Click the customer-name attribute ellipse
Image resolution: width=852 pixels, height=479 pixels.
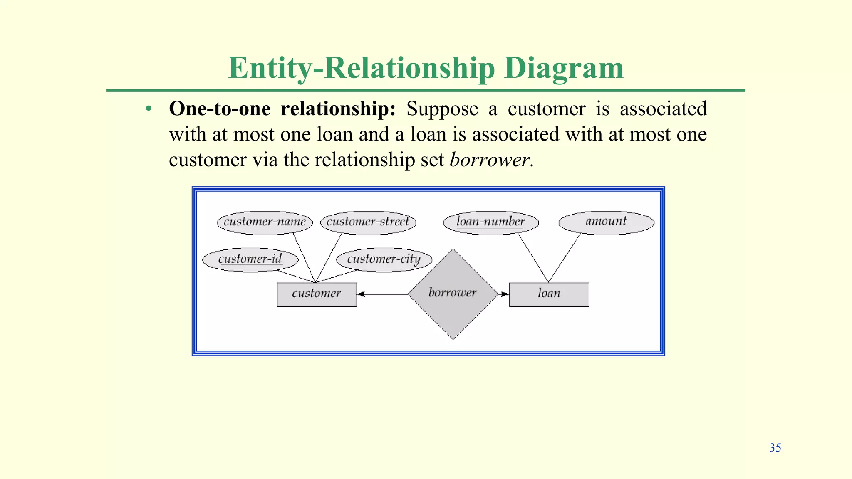tap(265, 222)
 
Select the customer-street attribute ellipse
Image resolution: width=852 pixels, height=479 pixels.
tap(368, 222)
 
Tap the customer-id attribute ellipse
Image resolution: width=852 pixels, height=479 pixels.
tap(250, 260)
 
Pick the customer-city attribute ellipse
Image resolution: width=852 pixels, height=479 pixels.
tap(384, 260)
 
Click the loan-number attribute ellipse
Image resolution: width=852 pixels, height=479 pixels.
tap(490, 222)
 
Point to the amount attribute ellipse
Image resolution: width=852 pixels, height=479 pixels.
tap(606, 222)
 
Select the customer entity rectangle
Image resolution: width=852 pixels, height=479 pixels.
tap(317, 294)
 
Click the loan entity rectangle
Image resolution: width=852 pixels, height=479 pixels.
tap(549, 294)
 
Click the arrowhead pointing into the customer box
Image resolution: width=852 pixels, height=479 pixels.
tap(361, 294)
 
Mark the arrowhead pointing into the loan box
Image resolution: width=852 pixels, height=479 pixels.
tap(505, 294)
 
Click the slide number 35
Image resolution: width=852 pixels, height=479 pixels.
tap(775, 448)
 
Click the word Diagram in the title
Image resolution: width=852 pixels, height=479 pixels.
tap(564, 68)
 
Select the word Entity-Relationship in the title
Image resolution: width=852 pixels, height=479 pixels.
tap(362, 68)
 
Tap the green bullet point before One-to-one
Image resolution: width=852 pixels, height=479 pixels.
tap(149, 109)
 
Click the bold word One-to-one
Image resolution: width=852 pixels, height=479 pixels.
tap(220, 109)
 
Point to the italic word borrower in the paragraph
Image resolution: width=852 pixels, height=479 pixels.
tap(489, 160)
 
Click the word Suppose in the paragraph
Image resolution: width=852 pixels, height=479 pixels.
tap(442, 109)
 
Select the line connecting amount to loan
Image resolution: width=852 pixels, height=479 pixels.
tap(565, 258)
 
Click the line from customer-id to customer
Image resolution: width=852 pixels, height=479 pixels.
tap(297, 276)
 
